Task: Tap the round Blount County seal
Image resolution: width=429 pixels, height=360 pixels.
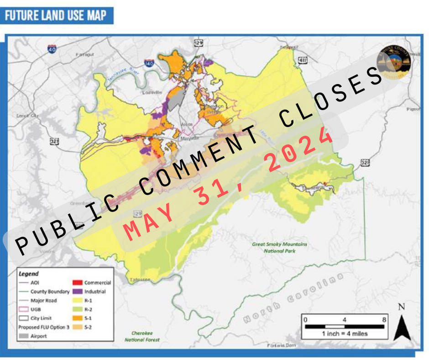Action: pos(394,61)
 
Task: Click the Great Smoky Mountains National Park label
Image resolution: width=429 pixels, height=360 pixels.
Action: pos(279,247)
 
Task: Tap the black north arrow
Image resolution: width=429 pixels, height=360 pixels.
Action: pos(401,324)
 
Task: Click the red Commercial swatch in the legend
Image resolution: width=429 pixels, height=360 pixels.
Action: pos(77,282)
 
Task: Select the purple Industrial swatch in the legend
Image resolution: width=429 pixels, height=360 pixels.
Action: pos(77,291)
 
